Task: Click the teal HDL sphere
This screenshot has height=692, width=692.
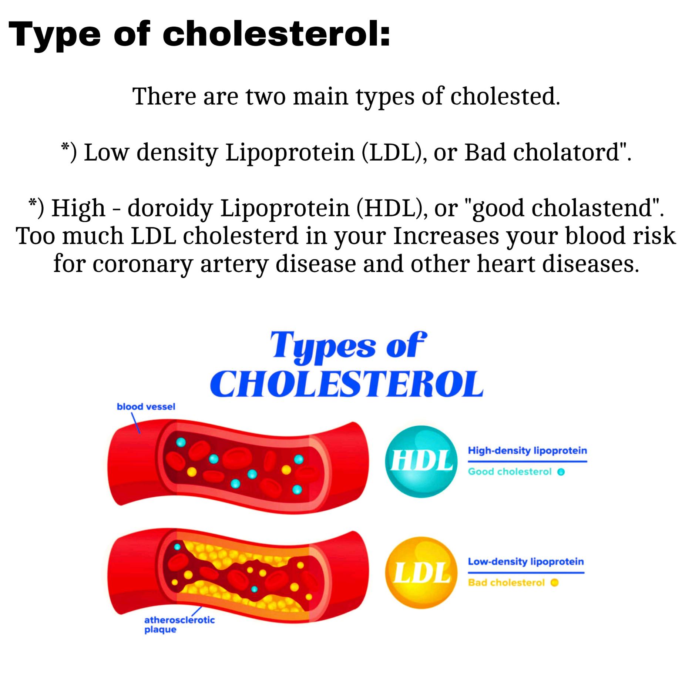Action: [421, 462]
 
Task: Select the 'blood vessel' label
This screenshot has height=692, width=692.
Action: [146, 407]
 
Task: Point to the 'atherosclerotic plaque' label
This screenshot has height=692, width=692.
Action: [179, 625]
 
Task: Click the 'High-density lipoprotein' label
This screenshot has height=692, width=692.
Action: [527, 451]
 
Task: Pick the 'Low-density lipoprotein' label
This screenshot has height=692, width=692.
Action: [526, 562]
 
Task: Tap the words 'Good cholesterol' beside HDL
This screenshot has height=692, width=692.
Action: [510, 472]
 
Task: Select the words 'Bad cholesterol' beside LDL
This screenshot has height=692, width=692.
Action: [506, 583]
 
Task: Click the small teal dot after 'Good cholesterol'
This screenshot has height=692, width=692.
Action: [561, 472]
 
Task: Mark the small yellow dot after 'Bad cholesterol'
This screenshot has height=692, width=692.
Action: [554, 583]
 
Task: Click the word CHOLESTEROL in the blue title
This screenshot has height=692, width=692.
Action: [346, 384]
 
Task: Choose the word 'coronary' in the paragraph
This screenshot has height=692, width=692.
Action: [142, 264]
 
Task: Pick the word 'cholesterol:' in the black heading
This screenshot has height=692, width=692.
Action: [276, 34]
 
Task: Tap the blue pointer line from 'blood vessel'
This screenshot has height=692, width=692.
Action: [136, 422]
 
